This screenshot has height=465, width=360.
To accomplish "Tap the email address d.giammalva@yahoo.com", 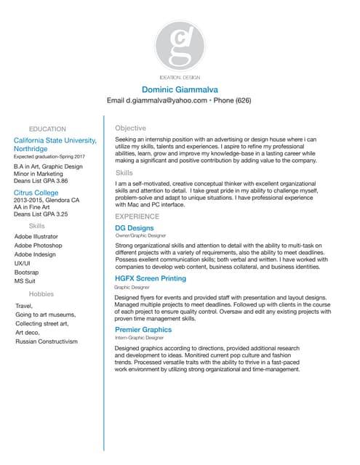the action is point(167,100).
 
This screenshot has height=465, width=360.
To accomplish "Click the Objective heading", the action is point(130,128).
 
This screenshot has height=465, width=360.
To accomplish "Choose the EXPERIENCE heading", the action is point(137,217).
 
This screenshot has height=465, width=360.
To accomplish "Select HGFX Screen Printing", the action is point(151,278).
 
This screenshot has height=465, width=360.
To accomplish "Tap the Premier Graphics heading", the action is point(143,329).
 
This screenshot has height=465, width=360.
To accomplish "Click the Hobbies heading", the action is point(41,294).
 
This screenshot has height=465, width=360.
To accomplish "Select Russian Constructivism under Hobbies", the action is point(47,341).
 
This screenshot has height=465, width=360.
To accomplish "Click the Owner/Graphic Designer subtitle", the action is point(140,237).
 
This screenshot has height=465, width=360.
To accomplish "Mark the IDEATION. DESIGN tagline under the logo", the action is point(179,76).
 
